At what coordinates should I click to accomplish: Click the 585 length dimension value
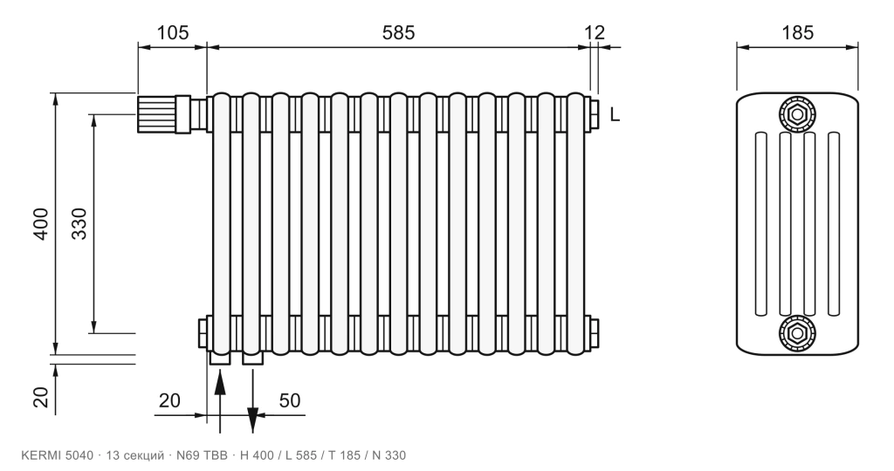pos(398,32)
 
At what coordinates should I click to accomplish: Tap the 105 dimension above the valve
pos(172,32)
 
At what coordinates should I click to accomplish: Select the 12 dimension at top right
pos(594,32)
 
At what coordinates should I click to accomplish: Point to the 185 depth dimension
pos(797,32)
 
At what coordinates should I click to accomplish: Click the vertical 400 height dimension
pos(41,224)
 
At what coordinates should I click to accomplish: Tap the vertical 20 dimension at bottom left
pos(41,397)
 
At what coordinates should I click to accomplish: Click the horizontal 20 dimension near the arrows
pos(169,400)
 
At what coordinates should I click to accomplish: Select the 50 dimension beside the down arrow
pos(290,400)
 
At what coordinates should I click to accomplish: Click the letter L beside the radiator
pos(615,115)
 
